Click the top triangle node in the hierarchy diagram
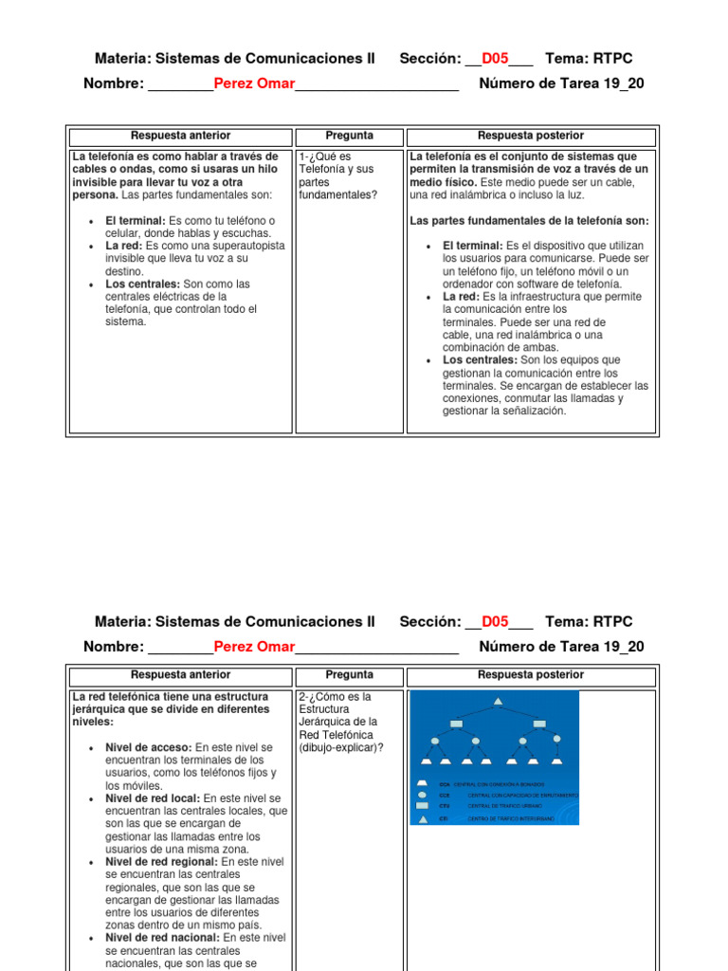[497, 702]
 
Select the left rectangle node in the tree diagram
[456, 724]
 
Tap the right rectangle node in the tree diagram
[538, 724]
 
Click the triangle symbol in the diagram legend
[422, 818]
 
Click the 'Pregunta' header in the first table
[349, 137]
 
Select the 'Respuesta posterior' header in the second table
[531, 676]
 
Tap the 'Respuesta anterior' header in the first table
[180, 137]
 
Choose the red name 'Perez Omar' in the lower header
[254, 647]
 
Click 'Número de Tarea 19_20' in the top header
[561, 83]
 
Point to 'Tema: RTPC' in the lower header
[589, 622]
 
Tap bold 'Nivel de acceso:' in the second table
[149, 747]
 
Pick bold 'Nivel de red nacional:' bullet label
[163, 938]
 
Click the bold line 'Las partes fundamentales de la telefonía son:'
[529, 221]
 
